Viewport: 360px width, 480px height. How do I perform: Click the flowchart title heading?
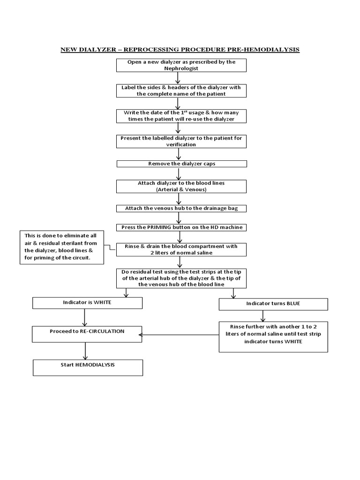point(180,49)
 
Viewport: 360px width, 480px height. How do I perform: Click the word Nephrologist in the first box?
point(181,68)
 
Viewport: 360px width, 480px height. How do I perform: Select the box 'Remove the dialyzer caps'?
point(181,164)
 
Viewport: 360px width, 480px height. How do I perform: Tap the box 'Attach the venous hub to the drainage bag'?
point(181,208)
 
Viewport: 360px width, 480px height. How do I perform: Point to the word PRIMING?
point(161,227)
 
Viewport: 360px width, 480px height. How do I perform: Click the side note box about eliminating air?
point(62,247)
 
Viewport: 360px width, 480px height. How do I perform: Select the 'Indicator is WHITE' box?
point(87,303)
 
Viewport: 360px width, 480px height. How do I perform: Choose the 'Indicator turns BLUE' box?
point(273,304)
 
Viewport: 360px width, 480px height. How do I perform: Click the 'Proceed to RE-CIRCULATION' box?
point(87,334)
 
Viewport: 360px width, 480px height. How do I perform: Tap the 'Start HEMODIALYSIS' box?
point(87,367)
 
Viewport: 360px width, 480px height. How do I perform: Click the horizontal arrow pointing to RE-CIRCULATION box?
point(180,334)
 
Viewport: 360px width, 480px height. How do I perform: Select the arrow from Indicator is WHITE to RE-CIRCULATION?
point(84,317)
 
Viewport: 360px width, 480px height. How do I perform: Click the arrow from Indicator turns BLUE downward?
point(263,315)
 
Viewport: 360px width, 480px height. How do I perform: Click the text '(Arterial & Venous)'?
point(181,189)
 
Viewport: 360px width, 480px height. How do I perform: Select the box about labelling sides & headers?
point(181,90)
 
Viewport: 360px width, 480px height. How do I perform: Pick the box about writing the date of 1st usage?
point(181,116)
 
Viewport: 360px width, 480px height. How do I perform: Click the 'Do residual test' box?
point(181,278)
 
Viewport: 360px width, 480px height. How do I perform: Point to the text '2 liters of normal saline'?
point(181,253)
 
